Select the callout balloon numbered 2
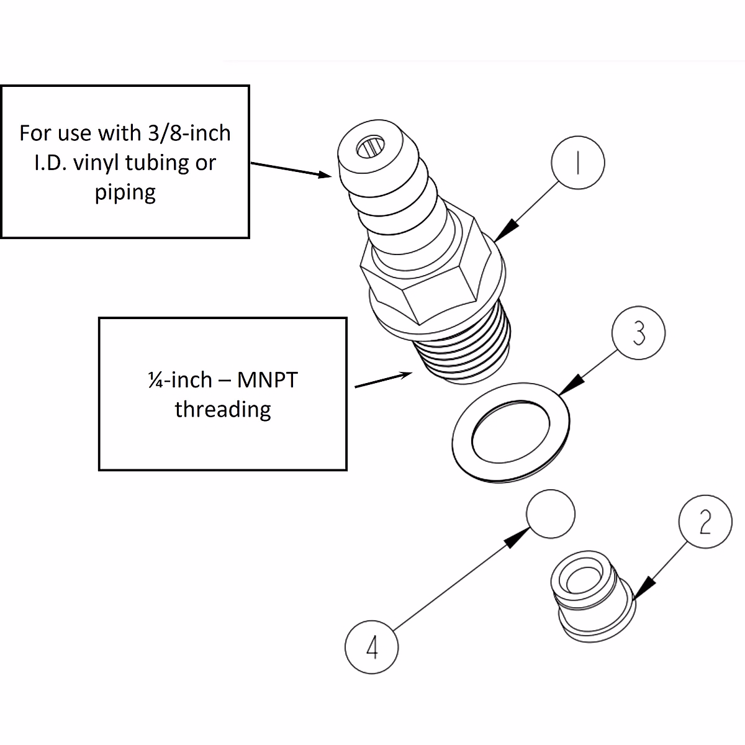coord(705,522)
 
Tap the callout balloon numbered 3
coord(638,333)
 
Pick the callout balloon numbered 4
coord(371,647)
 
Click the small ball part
coord(550,514)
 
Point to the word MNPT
coord(267,379)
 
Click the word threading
coord(223,409)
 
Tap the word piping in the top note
coord(125,192)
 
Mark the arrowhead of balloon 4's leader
coord(515,540)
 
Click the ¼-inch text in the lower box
coord(180,379)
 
